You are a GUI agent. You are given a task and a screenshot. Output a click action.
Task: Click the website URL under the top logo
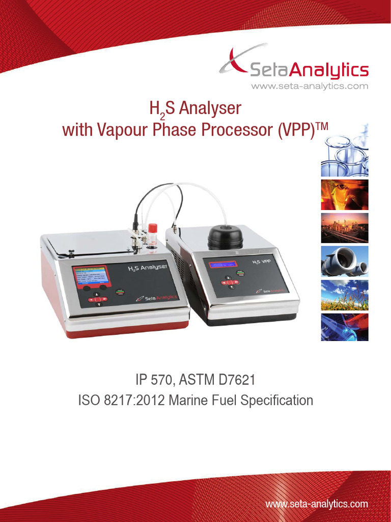(x=309, y=86)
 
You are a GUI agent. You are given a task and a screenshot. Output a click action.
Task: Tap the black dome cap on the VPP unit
(x=225, y=237)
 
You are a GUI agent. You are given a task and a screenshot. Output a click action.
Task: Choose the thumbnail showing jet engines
(x=344, y=261)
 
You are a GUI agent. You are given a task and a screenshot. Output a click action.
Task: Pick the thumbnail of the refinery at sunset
(x=344, y=227)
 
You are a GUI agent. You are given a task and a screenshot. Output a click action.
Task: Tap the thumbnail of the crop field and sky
(x=344, y=295)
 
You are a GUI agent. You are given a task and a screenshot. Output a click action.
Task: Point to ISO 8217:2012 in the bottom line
(x=119, y=400)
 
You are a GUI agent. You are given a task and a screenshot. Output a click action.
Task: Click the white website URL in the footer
(x=317, y=504)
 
